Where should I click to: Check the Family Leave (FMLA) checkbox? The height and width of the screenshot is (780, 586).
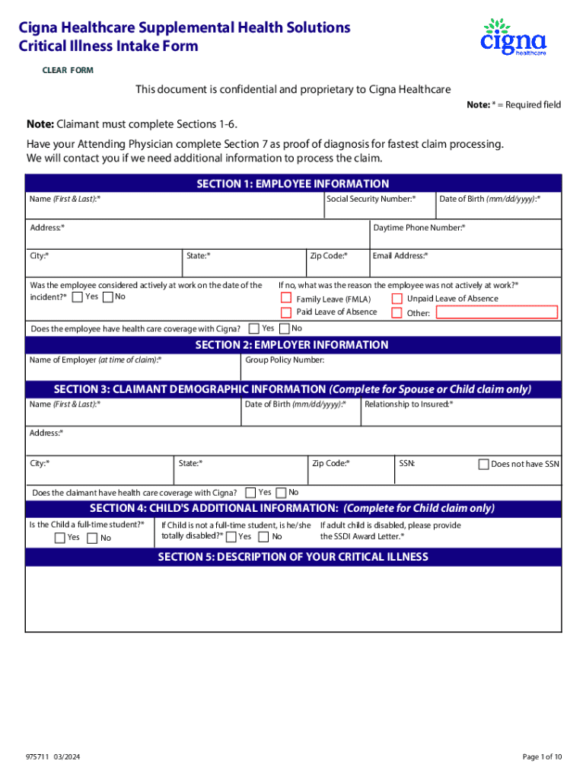click(x=286, y=299)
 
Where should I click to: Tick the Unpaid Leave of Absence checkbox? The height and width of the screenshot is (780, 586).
click(x=397, y=299)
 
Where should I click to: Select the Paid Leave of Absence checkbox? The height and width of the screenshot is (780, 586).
click(x=286, y=312)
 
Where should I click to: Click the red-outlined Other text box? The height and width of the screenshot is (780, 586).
click(x=496, y=312)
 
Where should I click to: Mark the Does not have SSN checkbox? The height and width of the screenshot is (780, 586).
click(x=483, y=464)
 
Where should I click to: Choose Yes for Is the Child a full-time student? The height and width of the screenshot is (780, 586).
click(x=60, y=538)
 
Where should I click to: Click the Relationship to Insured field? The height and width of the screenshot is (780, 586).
click(x=460, y=414)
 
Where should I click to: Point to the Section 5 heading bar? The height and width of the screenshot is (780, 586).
click(x=293, y=557)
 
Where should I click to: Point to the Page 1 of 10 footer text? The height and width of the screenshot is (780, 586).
click(x=542, y=756)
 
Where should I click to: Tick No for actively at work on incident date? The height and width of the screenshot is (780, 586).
click(x=107, y=297)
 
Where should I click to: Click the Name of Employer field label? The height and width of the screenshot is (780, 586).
click(x=95, y=360)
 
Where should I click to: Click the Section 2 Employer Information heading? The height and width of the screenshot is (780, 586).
click(x=293, y=345)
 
